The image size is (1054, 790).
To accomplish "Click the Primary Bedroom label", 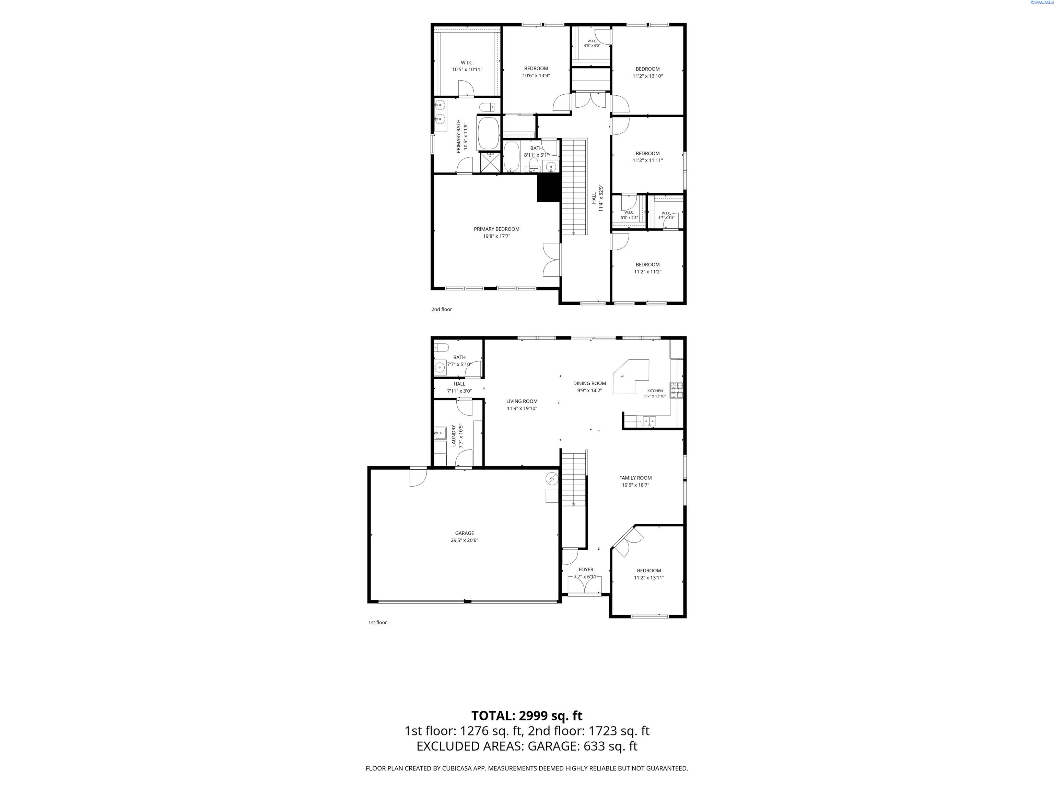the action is (496, 229).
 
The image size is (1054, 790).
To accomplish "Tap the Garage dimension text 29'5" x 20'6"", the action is (465, 540).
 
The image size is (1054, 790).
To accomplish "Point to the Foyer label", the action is (586, 570).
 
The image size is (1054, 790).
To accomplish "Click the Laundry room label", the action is (454, 436).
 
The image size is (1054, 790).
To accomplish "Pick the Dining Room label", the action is (589, 383).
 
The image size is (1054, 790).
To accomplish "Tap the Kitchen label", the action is (655, 391).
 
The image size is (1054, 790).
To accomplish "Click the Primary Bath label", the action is (459, 136).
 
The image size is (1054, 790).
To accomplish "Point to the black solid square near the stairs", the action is (548, 188).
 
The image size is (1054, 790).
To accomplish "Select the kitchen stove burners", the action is (677, 391).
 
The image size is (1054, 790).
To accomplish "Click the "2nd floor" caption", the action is (442, 310).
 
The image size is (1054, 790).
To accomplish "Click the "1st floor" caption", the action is (377, 622).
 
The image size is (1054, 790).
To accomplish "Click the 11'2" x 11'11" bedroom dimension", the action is (647, 160).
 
